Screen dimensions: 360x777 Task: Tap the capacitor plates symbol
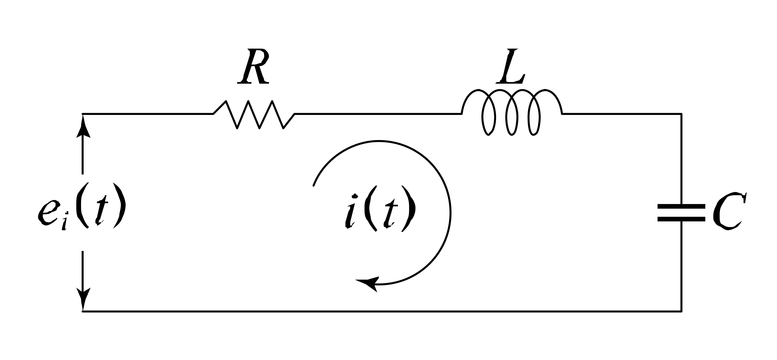[x=681, y=212]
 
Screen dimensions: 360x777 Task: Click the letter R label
[x=254, y=66]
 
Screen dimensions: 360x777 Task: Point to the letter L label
[x=511, y=66]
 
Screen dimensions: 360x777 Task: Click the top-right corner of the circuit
[x=681, y=114]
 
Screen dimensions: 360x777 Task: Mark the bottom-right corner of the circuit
[x=681, y=311]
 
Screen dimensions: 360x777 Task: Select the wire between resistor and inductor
[x=378, y=114]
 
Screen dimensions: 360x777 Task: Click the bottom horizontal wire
[x=382, y=311]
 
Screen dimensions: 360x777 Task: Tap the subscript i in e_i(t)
[x=64, y=224]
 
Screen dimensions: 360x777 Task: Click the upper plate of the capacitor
[x=681, y=206]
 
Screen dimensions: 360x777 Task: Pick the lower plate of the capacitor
[x=681, y=218]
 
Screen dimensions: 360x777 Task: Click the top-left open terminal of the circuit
[x=83, y=114]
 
